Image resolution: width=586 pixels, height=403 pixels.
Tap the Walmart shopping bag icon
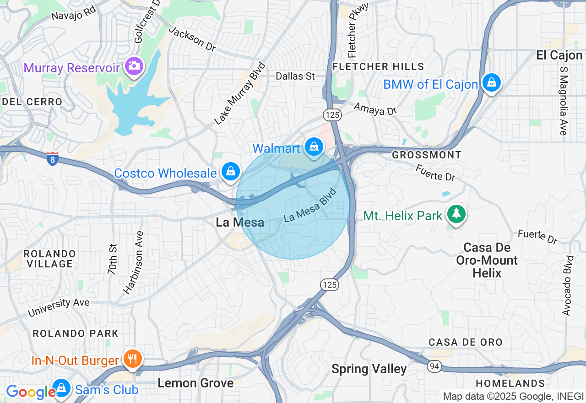314,147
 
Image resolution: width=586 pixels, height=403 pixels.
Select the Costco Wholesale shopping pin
231,171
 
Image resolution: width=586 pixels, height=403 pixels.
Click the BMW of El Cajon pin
491,82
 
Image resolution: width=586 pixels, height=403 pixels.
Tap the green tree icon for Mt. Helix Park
456,213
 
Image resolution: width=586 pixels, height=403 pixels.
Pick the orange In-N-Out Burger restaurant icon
133,359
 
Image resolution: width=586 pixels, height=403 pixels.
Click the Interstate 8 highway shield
53,158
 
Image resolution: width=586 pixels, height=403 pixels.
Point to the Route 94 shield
434,365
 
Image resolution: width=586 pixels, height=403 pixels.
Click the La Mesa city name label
240,223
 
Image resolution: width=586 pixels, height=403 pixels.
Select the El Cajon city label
559,55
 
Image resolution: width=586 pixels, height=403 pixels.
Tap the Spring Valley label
369,369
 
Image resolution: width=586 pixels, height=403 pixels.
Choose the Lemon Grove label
195,383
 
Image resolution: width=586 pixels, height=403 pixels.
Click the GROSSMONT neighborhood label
427,155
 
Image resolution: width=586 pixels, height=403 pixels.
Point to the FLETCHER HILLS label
378,67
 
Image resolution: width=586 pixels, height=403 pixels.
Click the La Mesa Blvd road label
310,205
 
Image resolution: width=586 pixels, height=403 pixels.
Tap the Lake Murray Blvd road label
240,93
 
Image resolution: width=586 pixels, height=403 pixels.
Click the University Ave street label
59,307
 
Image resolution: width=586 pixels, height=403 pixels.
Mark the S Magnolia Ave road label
563,100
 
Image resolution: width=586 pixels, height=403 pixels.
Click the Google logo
31,392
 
